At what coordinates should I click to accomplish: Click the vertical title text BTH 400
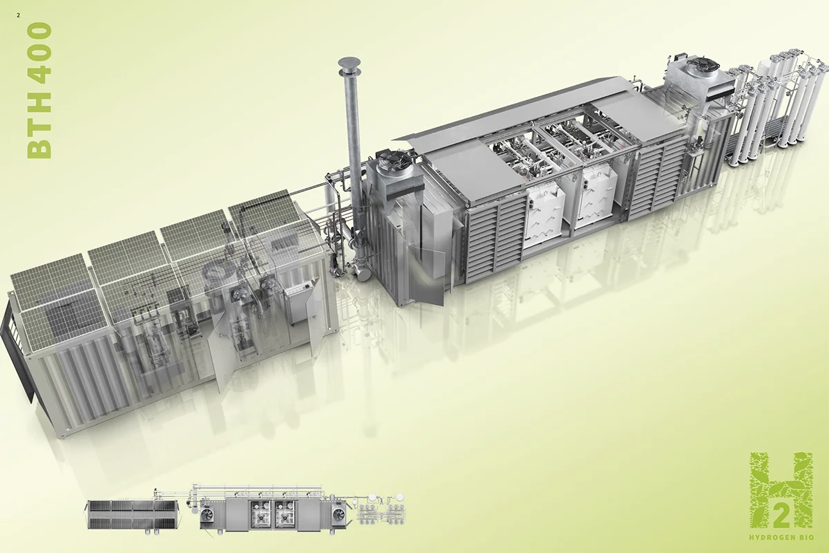[x=39, y=91]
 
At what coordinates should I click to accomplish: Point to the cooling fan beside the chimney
[x=392, y=164]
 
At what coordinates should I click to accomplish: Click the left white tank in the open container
[x=544, y=214]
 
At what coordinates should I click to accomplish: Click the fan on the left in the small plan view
[x=208, y=516]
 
